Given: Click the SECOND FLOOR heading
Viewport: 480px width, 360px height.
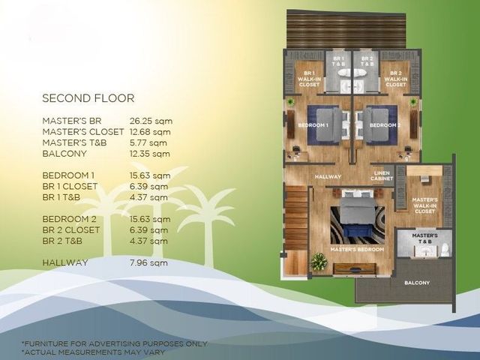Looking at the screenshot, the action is point(88,98).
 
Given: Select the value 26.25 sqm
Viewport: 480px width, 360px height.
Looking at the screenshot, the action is point(151,121).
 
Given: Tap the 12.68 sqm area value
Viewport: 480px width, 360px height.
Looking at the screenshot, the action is point(150,132).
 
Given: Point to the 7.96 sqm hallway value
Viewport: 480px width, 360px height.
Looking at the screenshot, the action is point(148,262).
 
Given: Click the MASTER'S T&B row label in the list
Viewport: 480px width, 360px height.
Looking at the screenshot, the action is point(74,143).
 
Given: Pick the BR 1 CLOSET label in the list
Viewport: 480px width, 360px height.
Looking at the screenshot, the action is point(70,187).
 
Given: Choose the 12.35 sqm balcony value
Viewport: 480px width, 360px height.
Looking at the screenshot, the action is point(150,154).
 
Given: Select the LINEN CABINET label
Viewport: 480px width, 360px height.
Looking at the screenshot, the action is point(382,175).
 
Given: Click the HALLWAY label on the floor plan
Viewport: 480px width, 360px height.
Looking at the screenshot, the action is point(328,177).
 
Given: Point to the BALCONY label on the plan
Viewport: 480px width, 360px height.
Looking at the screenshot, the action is point(417,283).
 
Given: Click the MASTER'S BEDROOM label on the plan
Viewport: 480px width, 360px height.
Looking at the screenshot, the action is point(357,250).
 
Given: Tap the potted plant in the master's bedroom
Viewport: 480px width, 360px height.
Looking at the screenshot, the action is point(319,262).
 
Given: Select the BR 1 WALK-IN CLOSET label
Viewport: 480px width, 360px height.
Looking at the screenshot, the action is point(309,79).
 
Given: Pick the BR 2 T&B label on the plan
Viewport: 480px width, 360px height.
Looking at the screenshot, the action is point(367,61).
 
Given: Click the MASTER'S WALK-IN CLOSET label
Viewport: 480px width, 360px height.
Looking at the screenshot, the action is point(425,205).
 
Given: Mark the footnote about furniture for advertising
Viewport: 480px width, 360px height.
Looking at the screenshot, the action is point(115,343).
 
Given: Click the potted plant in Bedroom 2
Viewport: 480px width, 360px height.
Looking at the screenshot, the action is point(413,101).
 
